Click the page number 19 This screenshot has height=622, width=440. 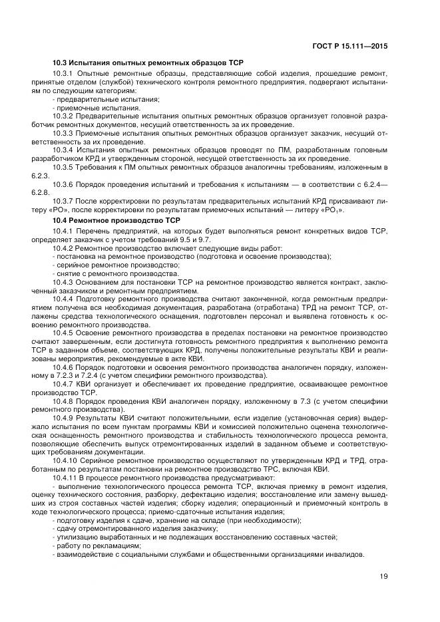tap(383, 577)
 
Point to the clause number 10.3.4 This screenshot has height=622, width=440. tap(63, 150)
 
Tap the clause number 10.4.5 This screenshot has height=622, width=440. tap(63, 331)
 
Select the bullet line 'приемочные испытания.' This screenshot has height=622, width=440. tap(98, 107)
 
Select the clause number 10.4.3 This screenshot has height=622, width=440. tap(63, 282)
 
